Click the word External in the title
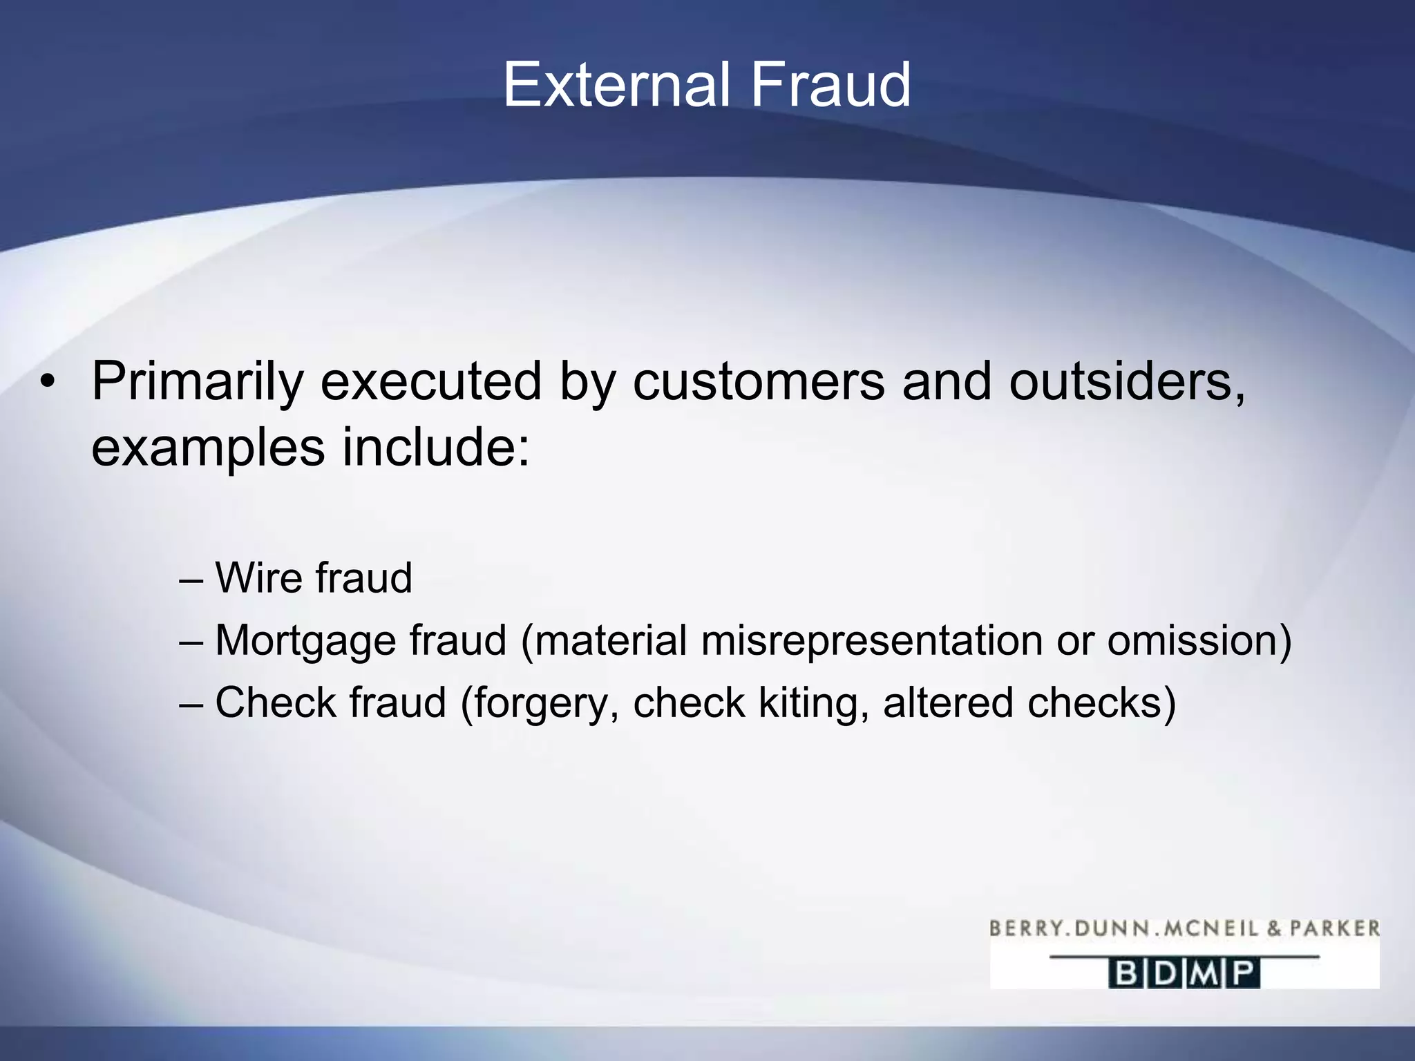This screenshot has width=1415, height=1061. click(616, 85)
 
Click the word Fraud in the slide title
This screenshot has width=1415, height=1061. click(830, 85)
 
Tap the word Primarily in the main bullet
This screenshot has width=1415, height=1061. click(198, 382)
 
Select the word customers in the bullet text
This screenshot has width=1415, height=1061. click(758, 382)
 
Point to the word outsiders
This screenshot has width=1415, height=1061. click(1127, 382)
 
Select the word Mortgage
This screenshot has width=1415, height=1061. click(305, 641)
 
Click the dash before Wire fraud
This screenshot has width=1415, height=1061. click(191, 579)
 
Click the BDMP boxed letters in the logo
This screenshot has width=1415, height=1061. click(1184, 974)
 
